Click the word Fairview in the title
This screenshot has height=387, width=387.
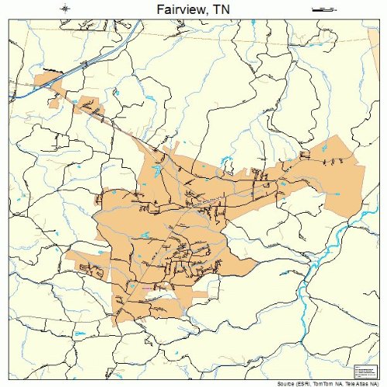(x=176, y=9)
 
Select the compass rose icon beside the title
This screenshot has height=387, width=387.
(x=65, y=9)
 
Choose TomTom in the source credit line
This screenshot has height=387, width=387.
(x=330, y=382)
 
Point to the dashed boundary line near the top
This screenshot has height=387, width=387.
(x=232, y=36)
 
